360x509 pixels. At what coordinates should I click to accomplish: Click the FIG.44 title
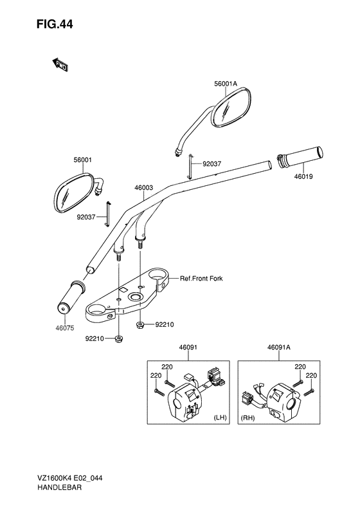55,24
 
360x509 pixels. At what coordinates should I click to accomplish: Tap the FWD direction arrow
60,64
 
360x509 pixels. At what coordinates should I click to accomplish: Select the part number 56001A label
226,84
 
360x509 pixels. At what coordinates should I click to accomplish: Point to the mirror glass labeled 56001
74,193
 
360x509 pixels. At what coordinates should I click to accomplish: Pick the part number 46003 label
144,188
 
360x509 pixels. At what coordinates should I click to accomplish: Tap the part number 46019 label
303,177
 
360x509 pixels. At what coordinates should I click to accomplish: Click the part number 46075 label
64,328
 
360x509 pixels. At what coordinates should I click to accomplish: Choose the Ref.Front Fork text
201,278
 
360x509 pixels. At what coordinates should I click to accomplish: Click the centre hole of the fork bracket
134,297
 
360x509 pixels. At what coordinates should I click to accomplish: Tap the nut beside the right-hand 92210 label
139,324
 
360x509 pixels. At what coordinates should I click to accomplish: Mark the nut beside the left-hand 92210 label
118,338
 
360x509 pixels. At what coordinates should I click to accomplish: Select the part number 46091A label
279,347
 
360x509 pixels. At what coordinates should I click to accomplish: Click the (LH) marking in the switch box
220,417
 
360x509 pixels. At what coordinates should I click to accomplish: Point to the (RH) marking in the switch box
248,418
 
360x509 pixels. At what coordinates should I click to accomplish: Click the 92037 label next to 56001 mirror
86,217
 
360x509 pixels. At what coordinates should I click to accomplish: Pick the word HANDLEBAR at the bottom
59,487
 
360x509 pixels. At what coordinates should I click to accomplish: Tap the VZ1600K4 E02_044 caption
69,478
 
